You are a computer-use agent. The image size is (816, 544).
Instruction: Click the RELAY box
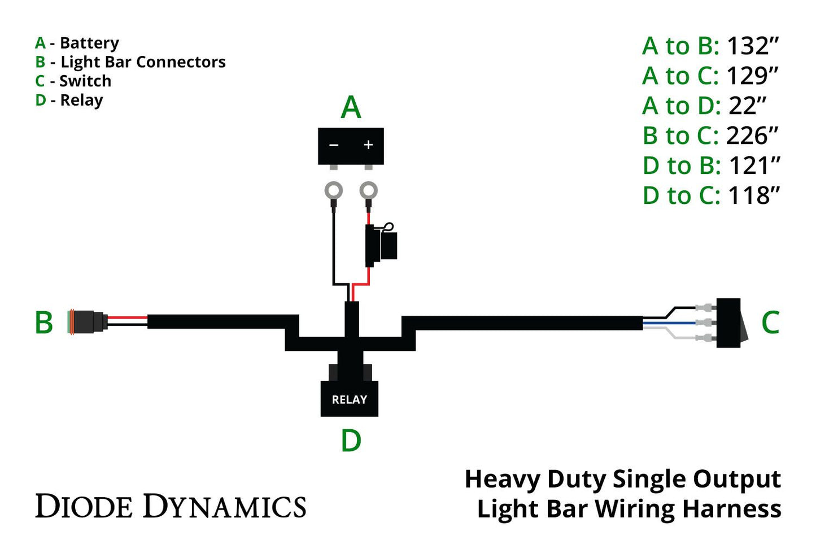[349, 399]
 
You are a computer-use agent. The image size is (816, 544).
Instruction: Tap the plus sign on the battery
[368, 145]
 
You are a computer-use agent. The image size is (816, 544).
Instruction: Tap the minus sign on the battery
[334, 145]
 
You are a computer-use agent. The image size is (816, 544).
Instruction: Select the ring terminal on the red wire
[369, 191]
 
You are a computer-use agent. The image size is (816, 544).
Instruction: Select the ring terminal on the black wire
[334, 191]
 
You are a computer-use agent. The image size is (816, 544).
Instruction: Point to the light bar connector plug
[87, 322]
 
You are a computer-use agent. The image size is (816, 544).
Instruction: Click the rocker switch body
[728, 323]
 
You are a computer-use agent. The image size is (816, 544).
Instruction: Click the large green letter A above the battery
[351, 107]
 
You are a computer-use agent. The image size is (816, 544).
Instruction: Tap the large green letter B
[44, 323]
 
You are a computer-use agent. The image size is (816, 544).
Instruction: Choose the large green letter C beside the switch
[770, 323]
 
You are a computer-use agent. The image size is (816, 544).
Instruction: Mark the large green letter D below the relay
[351, 441]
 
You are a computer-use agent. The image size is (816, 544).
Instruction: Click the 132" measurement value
[752, 46]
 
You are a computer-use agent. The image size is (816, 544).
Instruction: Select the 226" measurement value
[752, 136]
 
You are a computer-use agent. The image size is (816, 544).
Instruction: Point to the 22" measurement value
[747, 106]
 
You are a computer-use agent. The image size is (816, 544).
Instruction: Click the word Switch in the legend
[85, 81]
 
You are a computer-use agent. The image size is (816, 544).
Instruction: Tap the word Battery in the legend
[89, 43]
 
